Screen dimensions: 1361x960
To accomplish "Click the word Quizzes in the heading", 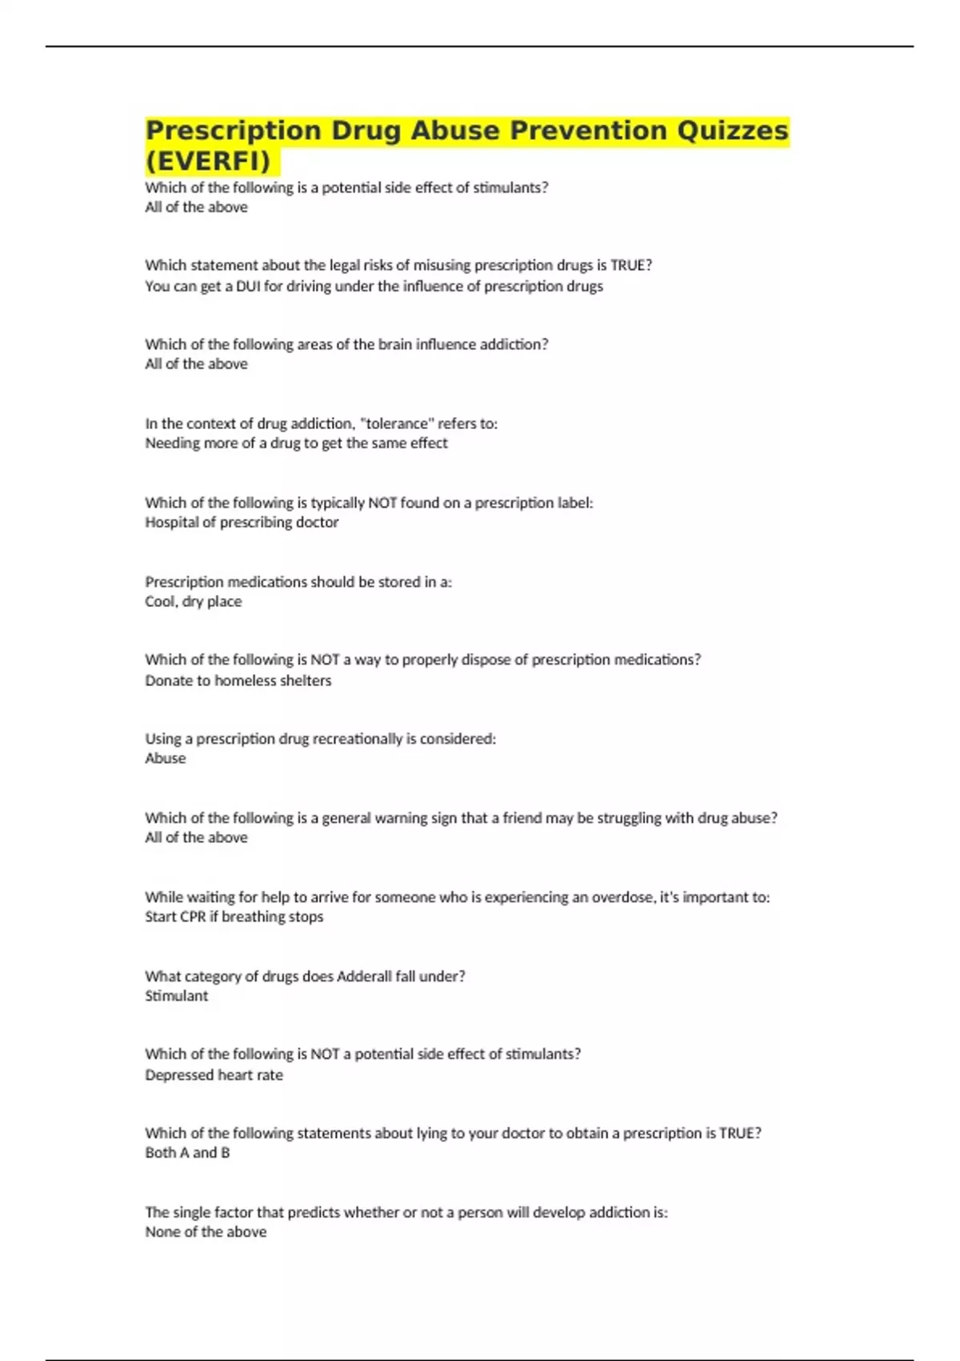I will click(x=733, y=130).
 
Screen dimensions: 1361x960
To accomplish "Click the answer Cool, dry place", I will click(x=193, y=601).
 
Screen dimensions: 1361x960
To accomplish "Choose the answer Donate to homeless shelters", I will click(x=238, y=680).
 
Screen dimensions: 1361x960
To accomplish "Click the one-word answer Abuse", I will click(x=165, y=758).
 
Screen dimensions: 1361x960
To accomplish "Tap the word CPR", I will click(x=193, y=917).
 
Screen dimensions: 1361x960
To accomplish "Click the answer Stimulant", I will click(x=176, y=996).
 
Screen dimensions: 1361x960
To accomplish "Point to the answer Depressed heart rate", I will click(x=214, y=1075).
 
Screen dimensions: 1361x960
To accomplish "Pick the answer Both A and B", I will click(x=187, y=1153).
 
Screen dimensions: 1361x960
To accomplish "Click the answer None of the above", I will click(x=206, y=1232).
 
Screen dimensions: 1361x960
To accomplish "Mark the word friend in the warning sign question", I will click(x=522, y=818).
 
